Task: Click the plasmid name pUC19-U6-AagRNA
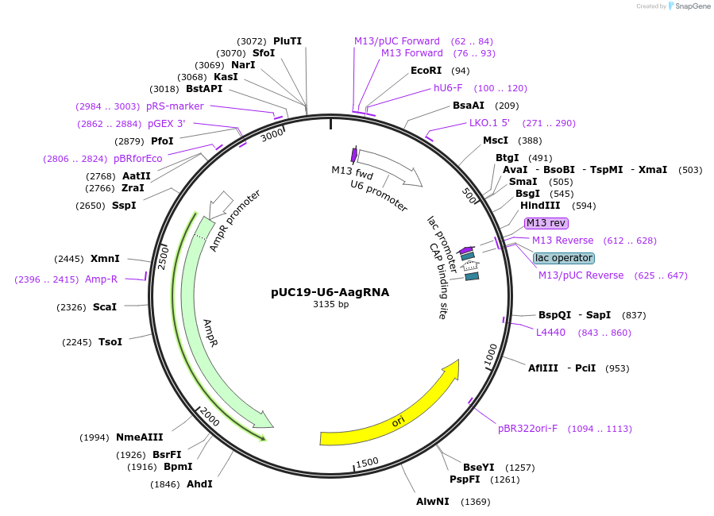[330, 292]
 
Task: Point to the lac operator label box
[564, 258]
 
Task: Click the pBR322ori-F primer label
[527, 429]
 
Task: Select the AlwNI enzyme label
[432, 502]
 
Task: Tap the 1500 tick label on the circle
[367, 462]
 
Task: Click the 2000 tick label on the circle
[209, 416]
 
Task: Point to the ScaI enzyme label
[105, 306]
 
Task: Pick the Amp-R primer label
[101, 279]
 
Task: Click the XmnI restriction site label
[105, 259]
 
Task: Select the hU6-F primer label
[448, 88]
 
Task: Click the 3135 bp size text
[330, 305]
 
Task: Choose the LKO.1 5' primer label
[489, 123]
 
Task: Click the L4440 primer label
[550, 333]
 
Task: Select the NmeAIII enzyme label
[139, 437]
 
